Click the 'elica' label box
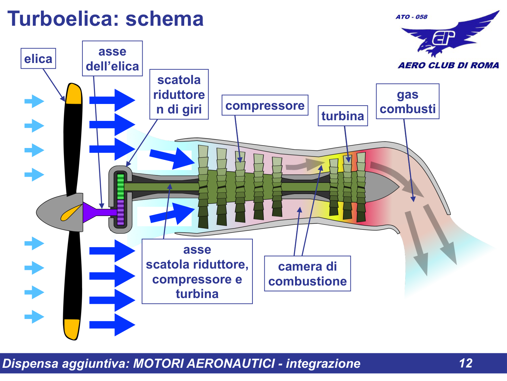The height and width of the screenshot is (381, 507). coord(38,59)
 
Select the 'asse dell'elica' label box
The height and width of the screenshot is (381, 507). coord(112,59)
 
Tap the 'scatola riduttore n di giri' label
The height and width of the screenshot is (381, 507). coord(179,94)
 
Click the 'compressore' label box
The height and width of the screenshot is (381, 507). coord(265,105)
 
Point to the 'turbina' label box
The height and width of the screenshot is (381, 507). coord(342,116)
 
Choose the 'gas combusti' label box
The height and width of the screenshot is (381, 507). coord(407,101)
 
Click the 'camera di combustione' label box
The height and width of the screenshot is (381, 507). coord(307,274)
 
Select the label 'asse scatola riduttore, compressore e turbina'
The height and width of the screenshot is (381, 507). coord(197,272)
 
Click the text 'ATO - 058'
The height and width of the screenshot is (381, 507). coord(411,17)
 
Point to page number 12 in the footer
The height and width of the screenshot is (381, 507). coord(465,363)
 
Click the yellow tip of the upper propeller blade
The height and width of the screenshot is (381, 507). coord(74,94)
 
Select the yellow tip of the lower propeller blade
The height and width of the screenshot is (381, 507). coord(72,329)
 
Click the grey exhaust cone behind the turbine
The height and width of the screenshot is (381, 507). coord(380,187)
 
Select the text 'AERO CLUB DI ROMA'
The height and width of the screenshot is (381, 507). coord(448,65)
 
